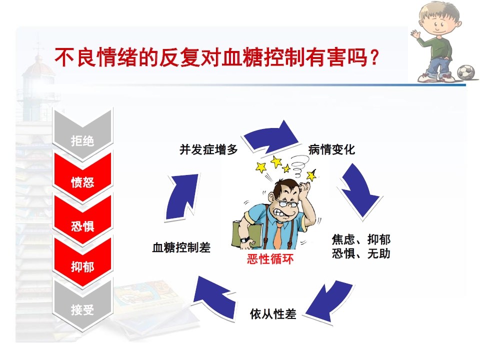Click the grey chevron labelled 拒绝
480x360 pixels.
82,140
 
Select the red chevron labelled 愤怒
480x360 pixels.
82,182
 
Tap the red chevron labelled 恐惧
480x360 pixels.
82,225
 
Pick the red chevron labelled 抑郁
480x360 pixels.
82,267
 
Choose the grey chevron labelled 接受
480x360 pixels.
82,310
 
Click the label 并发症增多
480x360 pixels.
208,149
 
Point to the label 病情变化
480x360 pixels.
331,149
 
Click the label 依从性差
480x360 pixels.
273,314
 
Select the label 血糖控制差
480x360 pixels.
181,247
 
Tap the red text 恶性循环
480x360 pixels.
270,259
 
